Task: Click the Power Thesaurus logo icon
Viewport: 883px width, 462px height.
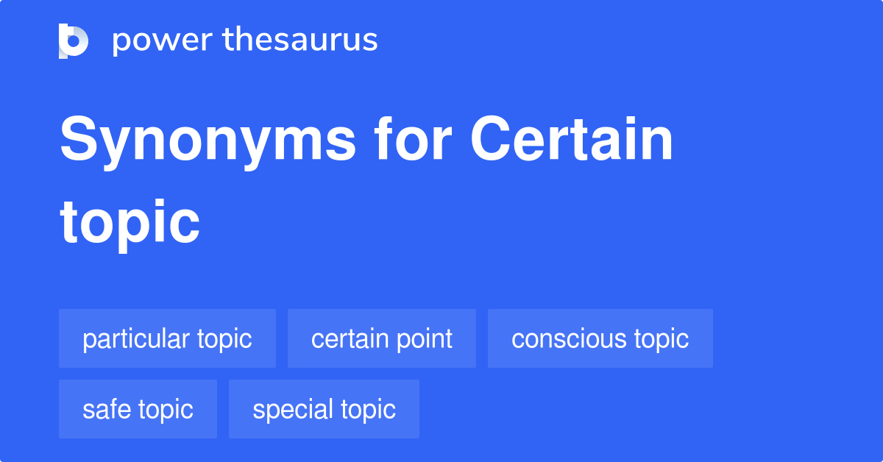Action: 74,40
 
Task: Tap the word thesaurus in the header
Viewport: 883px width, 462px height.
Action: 300,40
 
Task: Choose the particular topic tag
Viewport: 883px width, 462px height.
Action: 167,338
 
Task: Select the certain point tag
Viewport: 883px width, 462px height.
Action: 382,338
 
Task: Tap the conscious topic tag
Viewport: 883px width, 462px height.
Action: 600,338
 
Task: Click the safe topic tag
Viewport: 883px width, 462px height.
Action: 138,409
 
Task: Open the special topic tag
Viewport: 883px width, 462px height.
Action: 324,409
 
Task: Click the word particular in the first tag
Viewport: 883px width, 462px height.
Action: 136,338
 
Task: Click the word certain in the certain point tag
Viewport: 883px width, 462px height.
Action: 346,338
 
